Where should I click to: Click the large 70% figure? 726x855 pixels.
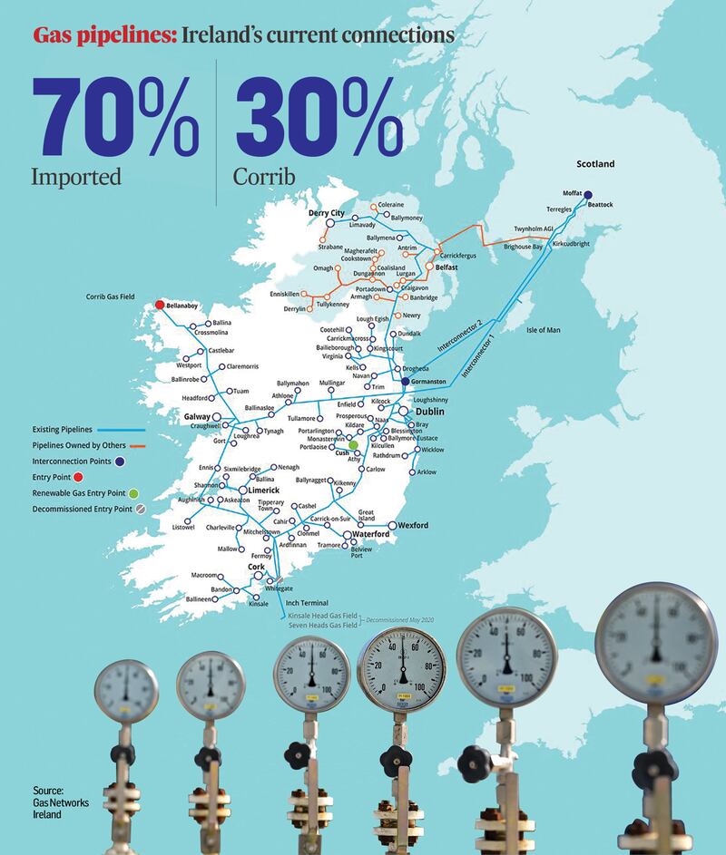(x=115, y=117)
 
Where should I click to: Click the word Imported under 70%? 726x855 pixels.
(x=76, y=176)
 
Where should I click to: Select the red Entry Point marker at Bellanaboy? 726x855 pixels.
(x=160, y=306)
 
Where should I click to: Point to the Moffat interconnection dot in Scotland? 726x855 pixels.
(x=588, y=194)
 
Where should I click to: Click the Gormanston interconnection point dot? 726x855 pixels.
(x=405, y=382)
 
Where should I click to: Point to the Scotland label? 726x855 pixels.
(x=595, y=164)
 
